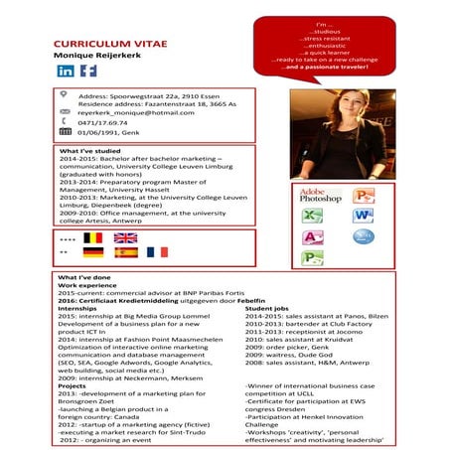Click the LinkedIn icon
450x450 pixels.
(66, 72)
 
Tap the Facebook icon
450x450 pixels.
(87, 72)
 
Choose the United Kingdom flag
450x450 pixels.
(125, 238)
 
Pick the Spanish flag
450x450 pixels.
(125, 253)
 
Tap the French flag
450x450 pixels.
(157, 253)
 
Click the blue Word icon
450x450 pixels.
(364, 216)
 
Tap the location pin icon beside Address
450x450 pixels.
(65, 94)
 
